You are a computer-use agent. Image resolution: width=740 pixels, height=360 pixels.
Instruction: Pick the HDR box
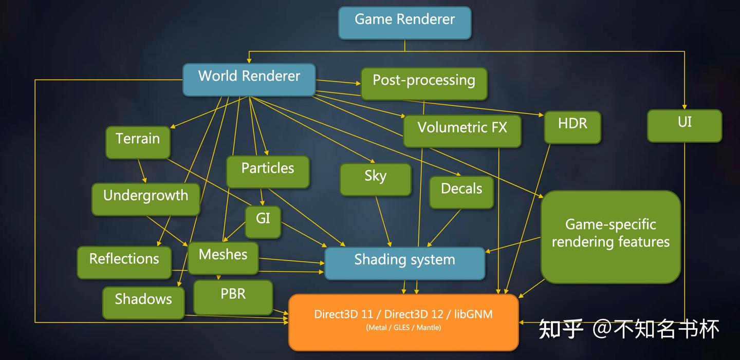tap(572, 126)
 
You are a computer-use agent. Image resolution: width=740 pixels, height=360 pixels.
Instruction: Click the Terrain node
tap(137, 142)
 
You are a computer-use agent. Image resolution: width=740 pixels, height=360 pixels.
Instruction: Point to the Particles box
tap(268, 171)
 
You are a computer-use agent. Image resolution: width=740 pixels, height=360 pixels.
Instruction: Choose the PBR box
tap(233, 297)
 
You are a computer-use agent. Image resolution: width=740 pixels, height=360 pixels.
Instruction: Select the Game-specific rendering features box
tap(610, 236)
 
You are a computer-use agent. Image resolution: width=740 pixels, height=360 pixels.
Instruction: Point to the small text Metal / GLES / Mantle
tap(403, 328)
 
